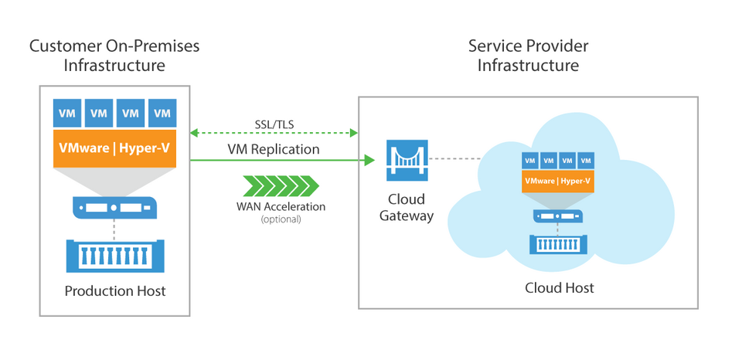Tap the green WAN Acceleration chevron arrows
281,186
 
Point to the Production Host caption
114,291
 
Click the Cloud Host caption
560,287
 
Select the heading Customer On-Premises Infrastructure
114,55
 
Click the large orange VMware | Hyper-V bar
114,148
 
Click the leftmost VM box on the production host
66,113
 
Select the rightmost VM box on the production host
162,113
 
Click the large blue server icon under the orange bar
114,206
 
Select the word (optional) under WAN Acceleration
281,219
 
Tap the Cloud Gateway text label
406,207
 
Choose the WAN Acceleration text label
281,206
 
